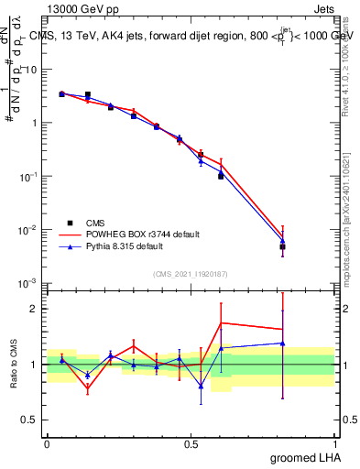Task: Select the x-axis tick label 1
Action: pos(334,442)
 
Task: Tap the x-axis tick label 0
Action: pos(47,442)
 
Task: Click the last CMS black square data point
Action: pos(283,246)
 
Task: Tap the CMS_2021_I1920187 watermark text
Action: pos(190,274)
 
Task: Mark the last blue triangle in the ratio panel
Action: pos(283,344)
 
